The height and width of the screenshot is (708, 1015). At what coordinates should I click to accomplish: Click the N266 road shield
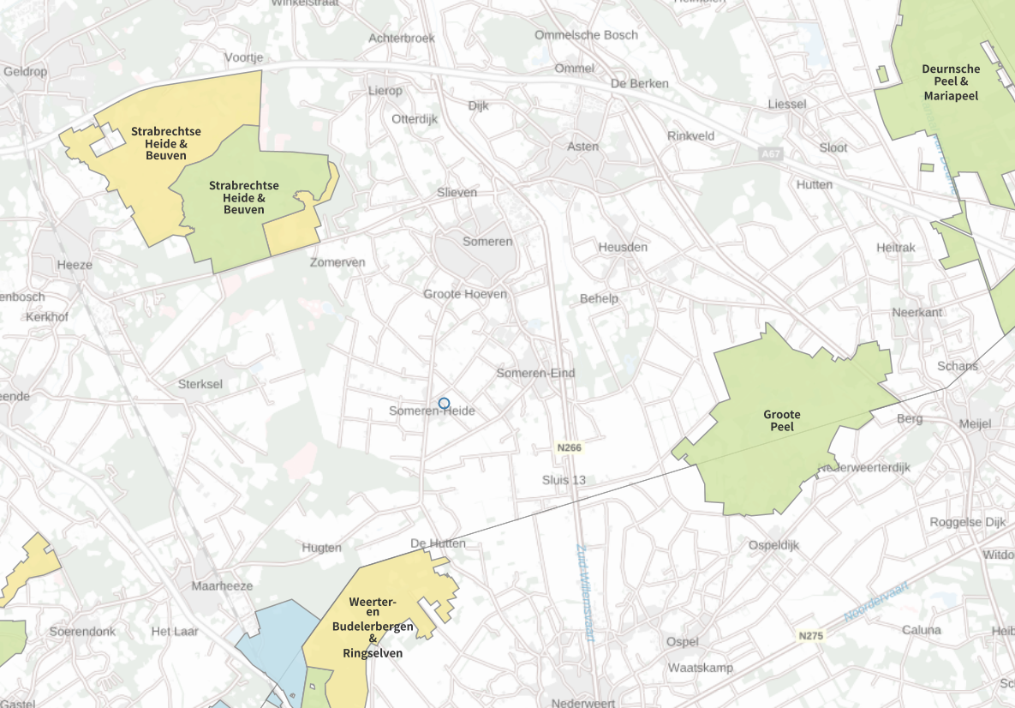568,447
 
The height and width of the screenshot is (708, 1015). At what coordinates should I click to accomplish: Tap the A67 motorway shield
770,153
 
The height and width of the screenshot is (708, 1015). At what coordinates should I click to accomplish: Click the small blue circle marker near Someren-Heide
444,403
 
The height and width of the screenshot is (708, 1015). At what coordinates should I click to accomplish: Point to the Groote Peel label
781,420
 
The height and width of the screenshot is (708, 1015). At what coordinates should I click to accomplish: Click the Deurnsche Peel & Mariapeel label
951,82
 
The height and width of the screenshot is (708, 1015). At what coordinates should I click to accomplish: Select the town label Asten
583,147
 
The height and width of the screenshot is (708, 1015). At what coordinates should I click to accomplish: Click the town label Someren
487,242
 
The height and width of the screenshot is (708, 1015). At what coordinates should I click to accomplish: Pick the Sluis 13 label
564,480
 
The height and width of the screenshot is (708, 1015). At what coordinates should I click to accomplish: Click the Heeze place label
75,265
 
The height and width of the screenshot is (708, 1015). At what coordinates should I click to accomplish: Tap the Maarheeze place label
222,586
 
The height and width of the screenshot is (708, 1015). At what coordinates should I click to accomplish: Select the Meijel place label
975,423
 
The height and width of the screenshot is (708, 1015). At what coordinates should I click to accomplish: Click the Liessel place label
787,104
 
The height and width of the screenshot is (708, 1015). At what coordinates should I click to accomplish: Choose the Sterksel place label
200,384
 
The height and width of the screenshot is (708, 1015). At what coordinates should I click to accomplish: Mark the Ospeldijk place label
773,545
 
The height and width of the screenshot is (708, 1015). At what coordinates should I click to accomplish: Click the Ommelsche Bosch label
586,35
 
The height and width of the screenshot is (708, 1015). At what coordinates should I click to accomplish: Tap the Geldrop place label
26,71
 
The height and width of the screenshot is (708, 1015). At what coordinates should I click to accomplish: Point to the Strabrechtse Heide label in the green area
243,197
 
